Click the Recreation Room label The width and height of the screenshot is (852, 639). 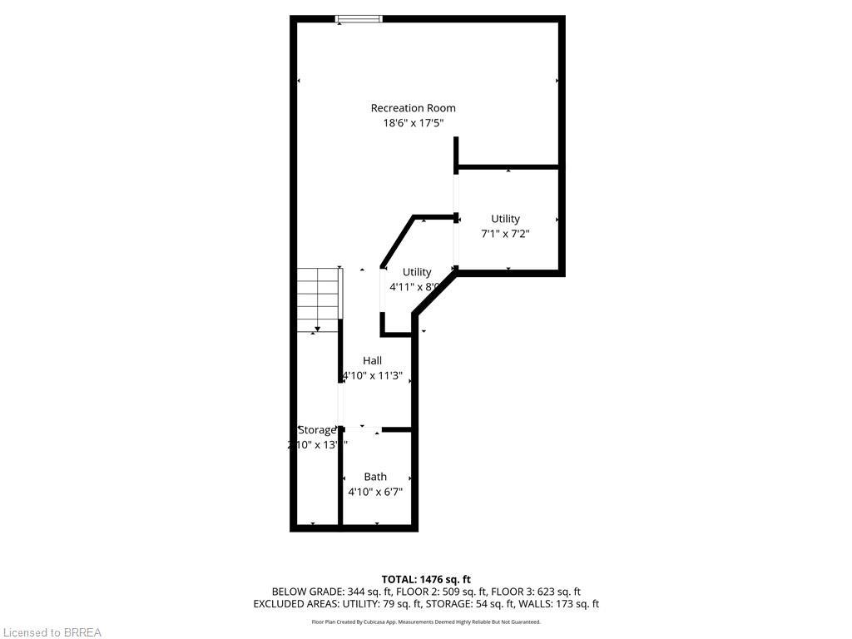point(413,107)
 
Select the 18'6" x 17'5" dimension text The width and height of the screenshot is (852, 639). point(413,123)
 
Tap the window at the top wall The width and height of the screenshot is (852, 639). point(359,18)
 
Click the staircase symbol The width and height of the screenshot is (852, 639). point(319,299)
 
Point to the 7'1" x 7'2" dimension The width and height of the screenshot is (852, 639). point(505,234)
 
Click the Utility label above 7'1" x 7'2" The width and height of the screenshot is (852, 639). point(505,219)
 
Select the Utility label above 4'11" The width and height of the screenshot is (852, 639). point(417,272)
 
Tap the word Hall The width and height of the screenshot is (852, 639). point(372,360)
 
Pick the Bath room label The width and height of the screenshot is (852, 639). point(375,477)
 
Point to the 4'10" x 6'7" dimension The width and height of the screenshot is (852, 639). point(375,492)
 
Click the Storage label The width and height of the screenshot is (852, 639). point(317,430)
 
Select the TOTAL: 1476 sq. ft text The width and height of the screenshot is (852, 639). point(426,579)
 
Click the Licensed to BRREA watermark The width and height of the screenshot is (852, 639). point(52,632)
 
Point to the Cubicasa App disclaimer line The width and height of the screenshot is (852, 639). point(426,622)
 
